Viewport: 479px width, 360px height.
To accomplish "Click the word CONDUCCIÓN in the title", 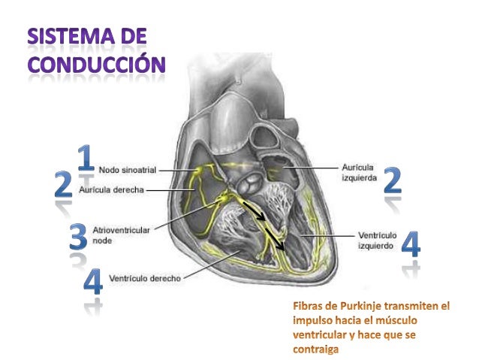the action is point(96,63).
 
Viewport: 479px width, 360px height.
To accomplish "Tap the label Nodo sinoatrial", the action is point(128,171).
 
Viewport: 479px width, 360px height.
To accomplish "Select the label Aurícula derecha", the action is point(112,190).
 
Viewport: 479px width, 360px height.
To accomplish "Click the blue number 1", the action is point(86,157).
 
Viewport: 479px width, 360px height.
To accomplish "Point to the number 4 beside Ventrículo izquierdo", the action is point(411,244).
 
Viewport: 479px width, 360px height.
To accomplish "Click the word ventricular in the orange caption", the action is point(318,334).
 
